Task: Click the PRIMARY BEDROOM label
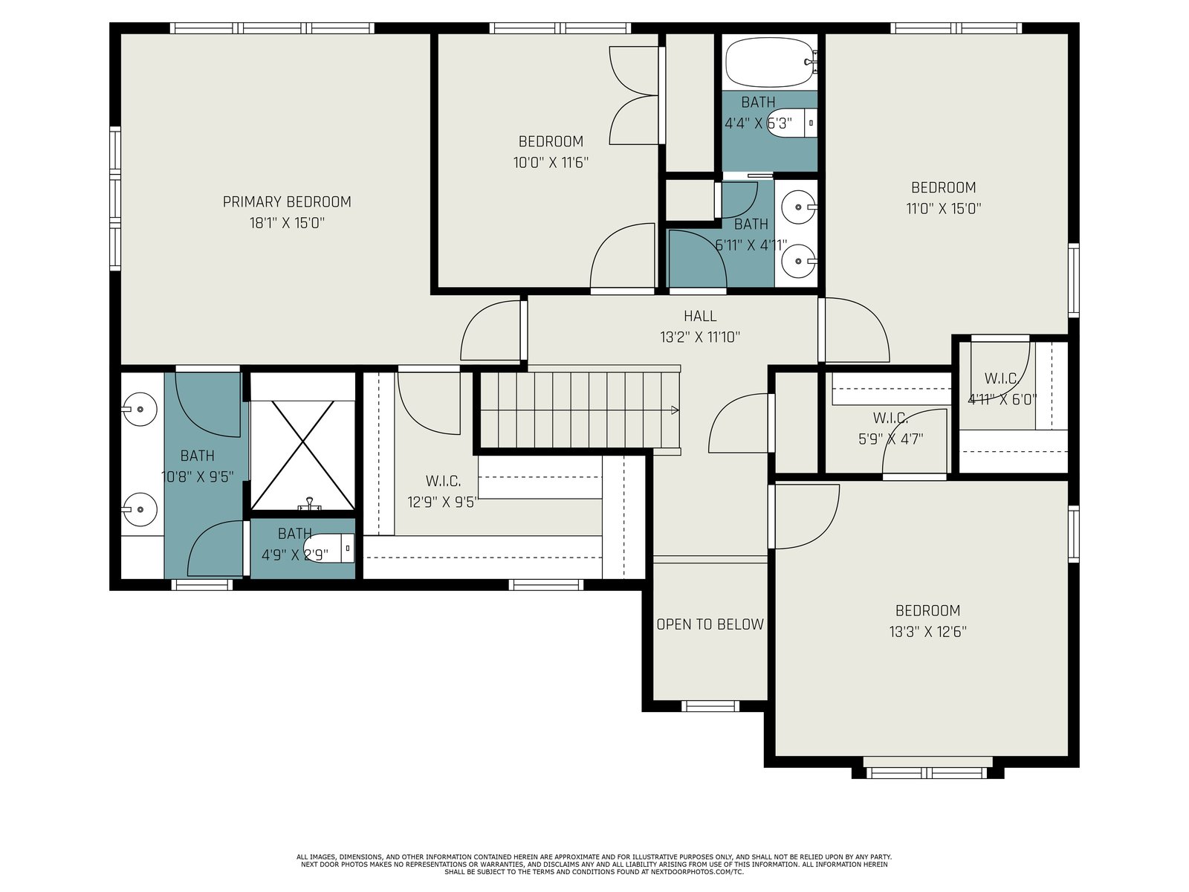click(x=287, y=202)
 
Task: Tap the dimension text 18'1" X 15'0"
click(x=287, y=223)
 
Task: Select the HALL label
click(x=700, y=317)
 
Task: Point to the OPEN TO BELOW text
click(x=710, y=624)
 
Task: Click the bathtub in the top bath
click(x=771, y=62)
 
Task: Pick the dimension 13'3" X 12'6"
click(x=927, y=632)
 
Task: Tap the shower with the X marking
click(x=302, y=455)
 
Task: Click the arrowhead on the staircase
click(x=675, y=410)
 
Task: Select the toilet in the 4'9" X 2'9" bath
click(x=328, y=548)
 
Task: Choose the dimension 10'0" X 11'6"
click(x=551, y=163)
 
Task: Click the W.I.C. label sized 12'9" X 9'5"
click(x=443, y=481)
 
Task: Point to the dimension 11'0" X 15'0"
click(x=944, y=209)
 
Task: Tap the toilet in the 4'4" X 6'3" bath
click(x=792, y=123)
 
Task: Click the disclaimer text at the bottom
click(x=594, y=864)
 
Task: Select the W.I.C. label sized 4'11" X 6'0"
click(x=1002, y=378)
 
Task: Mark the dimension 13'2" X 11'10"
click(x=700, y=337)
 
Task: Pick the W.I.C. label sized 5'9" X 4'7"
click(x=890, y=418)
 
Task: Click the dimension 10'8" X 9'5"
click(x=198, y=477)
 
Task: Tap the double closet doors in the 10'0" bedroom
click(x=635, y=95)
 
